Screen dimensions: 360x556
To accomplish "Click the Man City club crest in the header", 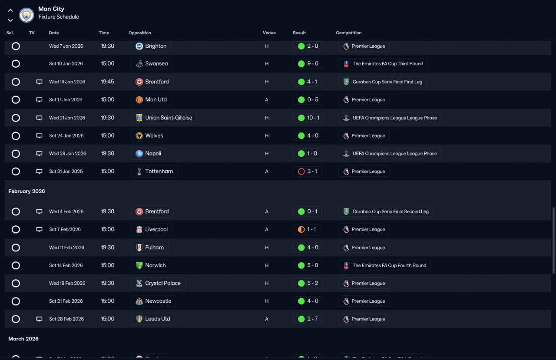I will point(26,15).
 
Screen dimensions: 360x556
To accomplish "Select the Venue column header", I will point(269,33).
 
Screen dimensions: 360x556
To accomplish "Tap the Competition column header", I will point(348,33).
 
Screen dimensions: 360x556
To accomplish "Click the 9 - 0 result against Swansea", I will point(308,64).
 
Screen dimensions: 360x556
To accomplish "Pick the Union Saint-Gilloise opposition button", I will point(164,118).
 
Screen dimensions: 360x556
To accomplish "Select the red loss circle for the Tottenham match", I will point(301,172).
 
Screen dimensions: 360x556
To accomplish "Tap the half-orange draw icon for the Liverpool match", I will point(301,229).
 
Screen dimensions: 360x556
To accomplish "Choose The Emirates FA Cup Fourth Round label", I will point(384,265).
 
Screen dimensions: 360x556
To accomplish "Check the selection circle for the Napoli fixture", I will point(16,153).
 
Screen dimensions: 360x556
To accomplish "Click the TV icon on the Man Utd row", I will point(39,100).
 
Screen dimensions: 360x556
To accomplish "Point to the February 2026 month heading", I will point(26,191).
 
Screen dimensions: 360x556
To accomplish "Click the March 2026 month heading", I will point(23,339).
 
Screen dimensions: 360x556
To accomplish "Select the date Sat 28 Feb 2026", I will point(66,319).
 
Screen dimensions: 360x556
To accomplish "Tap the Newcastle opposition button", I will point(153,301).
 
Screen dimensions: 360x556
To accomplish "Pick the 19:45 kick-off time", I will point(107,82).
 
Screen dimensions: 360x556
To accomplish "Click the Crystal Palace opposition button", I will point(158,283).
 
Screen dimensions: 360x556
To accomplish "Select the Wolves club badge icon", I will point(139,136).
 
